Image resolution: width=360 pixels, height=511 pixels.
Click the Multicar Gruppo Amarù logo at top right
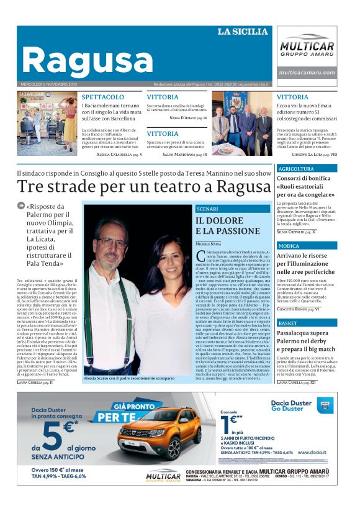click(307, 48)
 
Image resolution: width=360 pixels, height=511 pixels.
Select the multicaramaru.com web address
click(307, 73)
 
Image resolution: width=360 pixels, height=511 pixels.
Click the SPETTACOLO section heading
click(102, 97)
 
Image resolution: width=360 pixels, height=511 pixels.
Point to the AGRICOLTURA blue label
click(296, 169)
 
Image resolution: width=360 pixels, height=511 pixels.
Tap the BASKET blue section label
click(288, 323)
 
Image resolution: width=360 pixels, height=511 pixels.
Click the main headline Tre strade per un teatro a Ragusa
click(144, 186)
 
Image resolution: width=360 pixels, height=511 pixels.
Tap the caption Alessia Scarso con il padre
click(127, 378)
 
